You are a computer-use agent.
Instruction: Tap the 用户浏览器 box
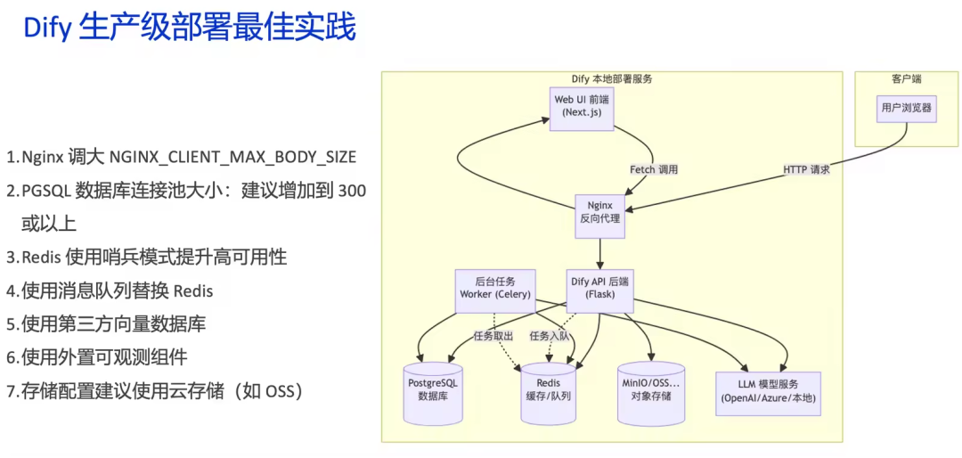906,108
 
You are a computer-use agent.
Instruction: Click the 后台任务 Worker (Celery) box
494,289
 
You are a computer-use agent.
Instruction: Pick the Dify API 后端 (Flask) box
599,289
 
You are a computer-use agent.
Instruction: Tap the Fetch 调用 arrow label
654,169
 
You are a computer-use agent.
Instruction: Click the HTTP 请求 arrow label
806,169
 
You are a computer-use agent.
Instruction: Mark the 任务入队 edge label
550,336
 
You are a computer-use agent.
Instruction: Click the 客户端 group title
906,79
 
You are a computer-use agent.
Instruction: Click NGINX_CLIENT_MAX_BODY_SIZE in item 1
232,158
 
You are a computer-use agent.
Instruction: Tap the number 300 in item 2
353,191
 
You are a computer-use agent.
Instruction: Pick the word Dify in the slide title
46,28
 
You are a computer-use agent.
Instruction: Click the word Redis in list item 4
193,290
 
